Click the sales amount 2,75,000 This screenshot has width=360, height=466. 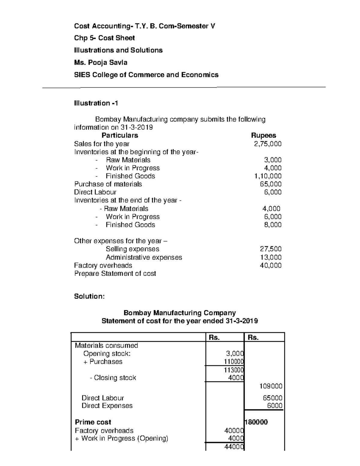pyautogui.click(x=268, y=144)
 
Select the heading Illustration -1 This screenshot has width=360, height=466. pyautogui.click(x=96, y=103)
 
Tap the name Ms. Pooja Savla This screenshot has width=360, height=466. pyautogui.click(x=101, y=62)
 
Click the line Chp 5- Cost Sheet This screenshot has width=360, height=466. pyautogui.click(x=104, y=38)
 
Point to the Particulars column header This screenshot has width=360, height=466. pyautogui.click(x=120, y=135)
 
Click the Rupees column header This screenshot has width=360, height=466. pyautogui.click(x=263, y=135)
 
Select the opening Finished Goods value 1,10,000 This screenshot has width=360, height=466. pyautogui.click(x=268, y=176)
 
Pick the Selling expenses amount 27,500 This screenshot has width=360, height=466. pyautogui.click(x=270, y=249)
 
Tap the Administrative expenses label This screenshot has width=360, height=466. pyautogui.click(x=144, y=257)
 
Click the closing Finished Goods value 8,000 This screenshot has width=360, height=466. pyautogui.click(x=273, y=225)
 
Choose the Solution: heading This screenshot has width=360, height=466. pyautogui.click(x=89, y=296)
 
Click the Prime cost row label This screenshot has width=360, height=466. pyautogui.click(x=93, y=422)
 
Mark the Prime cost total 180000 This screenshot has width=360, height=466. pyautogui.click(x=256, y=422)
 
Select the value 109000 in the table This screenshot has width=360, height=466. pyautogui.click(x=271, y=386)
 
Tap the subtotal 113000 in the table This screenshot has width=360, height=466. pyautogui.click(x=234, y=370)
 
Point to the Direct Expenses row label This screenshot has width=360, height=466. pyautogui.click(x=107, y=406)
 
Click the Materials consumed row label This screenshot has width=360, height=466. pyautogui.click(x=106, y=345)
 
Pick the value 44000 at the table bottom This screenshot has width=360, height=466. pyautogui.click(x=234, y=447)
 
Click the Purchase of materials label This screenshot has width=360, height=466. pyautogui.click(x=108, y=184)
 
